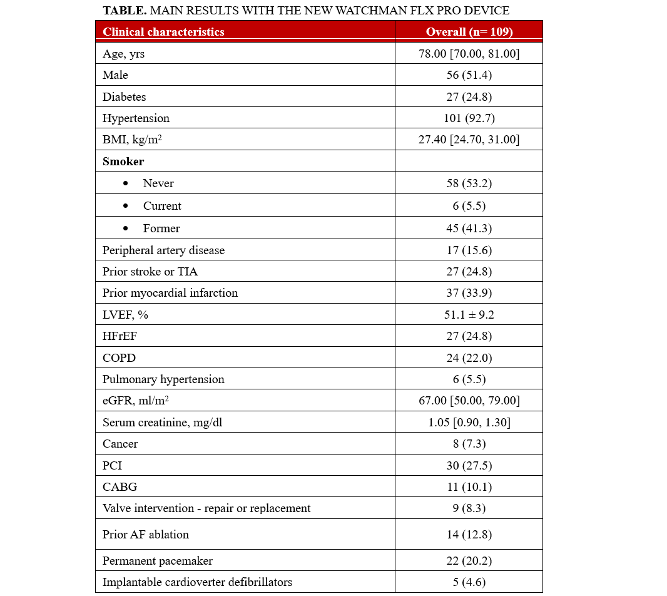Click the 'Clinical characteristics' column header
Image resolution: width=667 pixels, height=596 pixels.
(163, 32)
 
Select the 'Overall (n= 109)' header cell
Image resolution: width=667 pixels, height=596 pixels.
(469, 32)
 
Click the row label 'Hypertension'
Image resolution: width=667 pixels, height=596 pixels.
(136, 118)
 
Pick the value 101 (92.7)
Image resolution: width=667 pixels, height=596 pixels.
(469, 118)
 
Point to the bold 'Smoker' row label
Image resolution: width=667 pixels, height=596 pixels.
(123, 161)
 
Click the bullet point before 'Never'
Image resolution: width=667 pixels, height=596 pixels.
(126, 183)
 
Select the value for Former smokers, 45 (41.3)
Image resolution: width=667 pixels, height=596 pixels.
(469, 229)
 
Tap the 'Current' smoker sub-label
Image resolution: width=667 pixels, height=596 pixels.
(162, 206)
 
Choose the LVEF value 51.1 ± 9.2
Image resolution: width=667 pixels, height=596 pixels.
(469, 314)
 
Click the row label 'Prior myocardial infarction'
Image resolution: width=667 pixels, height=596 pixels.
(170, 293)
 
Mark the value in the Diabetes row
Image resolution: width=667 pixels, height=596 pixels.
(469, 96)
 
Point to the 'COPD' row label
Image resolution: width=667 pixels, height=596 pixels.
(119, 357)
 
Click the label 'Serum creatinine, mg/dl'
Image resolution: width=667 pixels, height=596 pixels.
(162, 422)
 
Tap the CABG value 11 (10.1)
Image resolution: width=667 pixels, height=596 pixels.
(469, 486)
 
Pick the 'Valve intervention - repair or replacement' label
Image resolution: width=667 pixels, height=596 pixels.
(206, 508)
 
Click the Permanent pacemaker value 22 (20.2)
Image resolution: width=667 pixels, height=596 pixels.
(469, 561)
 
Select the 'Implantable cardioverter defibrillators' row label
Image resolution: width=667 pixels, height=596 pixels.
(197, 582)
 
